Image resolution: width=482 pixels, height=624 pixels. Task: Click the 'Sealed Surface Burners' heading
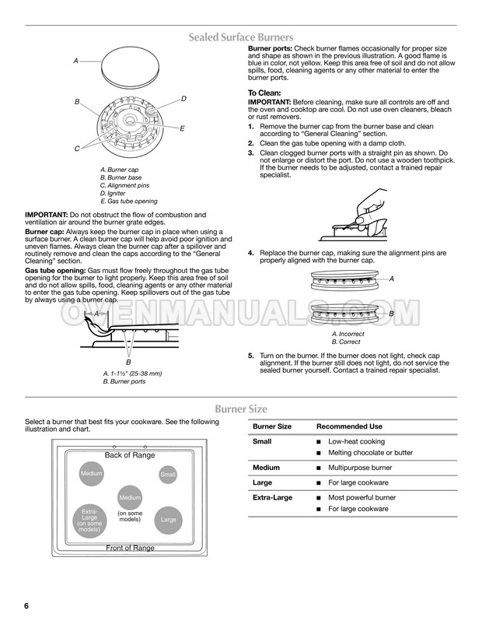240,37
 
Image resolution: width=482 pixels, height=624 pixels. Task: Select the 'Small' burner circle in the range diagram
168,474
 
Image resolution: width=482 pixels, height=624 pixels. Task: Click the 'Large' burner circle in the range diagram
169,519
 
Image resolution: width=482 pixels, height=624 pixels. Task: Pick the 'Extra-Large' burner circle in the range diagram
89,520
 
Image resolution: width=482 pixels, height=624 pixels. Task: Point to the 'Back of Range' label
130,455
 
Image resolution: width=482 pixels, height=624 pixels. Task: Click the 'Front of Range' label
130,548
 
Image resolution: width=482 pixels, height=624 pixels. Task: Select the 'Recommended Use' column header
349,426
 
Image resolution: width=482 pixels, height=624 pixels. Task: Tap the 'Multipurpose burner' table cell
360,468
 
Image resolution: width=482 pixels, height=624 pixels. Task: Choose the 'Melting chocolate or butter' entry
370,453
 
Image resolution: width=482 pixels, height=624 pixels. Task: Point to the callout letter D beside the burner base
183,99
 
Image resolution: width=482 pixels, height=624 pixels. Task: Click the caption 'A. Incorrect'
349,334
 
